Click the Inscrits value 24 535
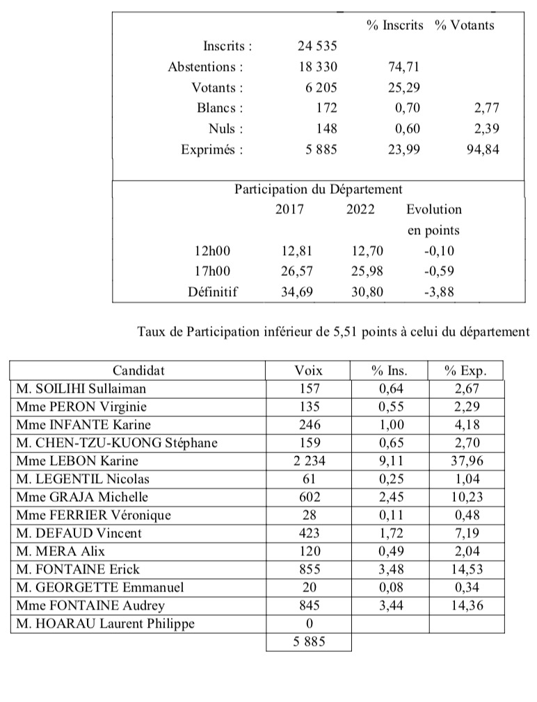pyautogui.click(x=316, y=47)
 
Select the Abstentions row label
pyautogui.click(x=205, y=67)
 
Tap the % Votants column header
pyautogui.click(x=464, y=25)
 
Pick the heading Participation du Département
pyautogui.click(x=318, y=189)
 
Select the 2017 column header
pyautogui.click(x=289, y=209)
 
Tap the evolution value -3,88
pyautogui.click(x=439, y=292)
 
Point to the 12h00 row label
pyautogui.click(x=211, y=251)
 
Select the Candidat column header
pyautogui.click(x=138, y=371)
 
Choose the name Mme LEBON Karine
pyautogui.click(x=77, y=461)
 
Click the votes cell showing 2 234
pyautogui.click(x=309, y=461)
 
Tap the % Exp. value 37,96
pyautogui.click(x=465, y=461)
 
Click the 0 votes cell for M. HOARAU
pyautogui.click(x=309, y=623)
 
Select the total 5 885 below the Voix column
pyautogui.click(x=309, y=642)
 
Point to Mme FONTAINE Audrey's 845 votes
pyautogui.click(x=309, y=605)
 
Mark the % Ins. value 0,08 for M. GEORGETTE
pyautogui.click(x=388, y=587)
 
